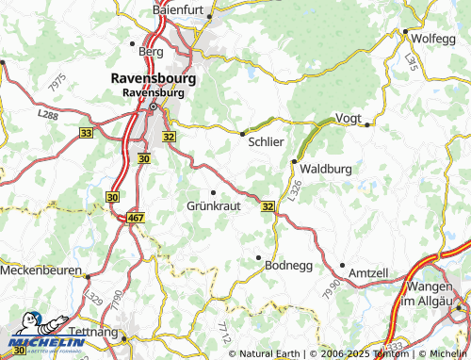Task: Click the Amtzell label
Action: (x=368, y=272)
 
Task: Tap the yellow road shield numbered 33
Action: (x=86, y=134)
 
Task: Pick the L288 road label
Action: (x=47, y=114)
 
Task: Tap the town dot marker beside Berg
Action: (x=131, y=42)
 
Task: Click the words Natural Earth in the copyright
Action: (x=268, y=353)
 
